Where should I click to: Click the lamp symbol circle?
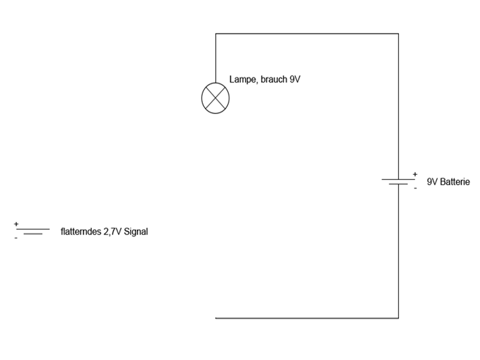pos(202,98)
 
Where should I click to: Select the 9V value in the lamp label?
pos(295,79)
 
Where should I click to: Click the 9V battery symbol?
pos(398,182)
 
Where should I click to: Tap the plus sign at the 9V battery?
pos(415,174)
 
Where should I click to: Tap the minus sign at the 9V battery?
pos(415,188)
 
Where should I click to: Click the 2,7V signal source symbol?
pos(33,232)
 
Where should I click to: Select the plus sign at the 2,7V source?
pos(16,224)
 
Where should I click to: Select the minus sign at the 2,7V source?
pos(16,238)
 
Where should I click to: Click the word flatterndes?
pos(81,232)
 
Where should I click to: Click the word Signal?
pos(136,232)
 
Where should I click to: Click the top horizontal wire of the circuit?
pos(307,34)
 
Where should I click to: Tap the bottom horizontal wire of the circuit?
pos(307,318)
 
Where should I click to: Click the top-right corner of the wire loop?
pos(398,34)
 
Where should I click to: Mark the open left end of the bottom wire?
pos(215,318)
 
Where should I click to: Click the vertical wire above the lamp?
pos(215,58)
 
